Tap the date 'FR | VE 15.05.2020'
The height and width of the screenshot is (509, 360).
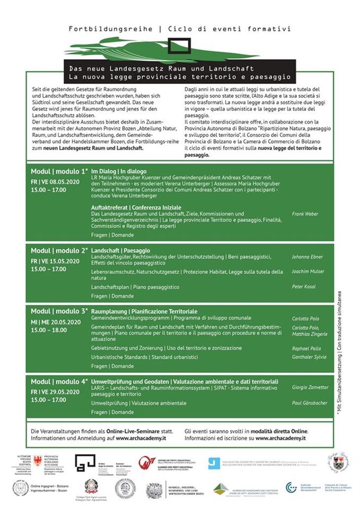pos(55,261)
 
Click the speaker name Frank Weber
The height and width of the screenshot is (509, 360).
pos(305,214)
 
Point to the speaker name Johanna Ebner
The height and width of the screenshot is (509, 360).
pos(308,256)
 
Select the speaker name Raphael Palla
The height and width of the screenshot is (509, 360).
pos(307,348)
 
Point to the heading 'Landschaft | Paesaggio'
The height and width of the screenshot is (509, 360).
pos(121,251)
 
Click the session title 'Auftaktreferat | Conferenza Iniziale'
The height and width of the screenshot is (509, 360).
pos(137,207)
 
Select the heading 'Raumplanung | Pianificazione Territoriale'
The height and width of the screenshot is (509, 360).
pos(144,312)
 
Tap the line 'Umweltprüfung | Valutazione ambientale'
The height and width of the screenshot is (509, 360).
pos(139,403)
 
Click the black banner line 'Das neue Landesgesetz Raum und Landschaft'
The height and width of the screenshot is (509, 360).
pos(162,69)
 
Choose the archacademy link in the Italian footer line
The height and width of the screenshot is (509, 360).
pos(281,438)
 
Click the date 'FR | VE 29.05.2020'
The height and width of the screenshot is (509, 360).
pos(55,392)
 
